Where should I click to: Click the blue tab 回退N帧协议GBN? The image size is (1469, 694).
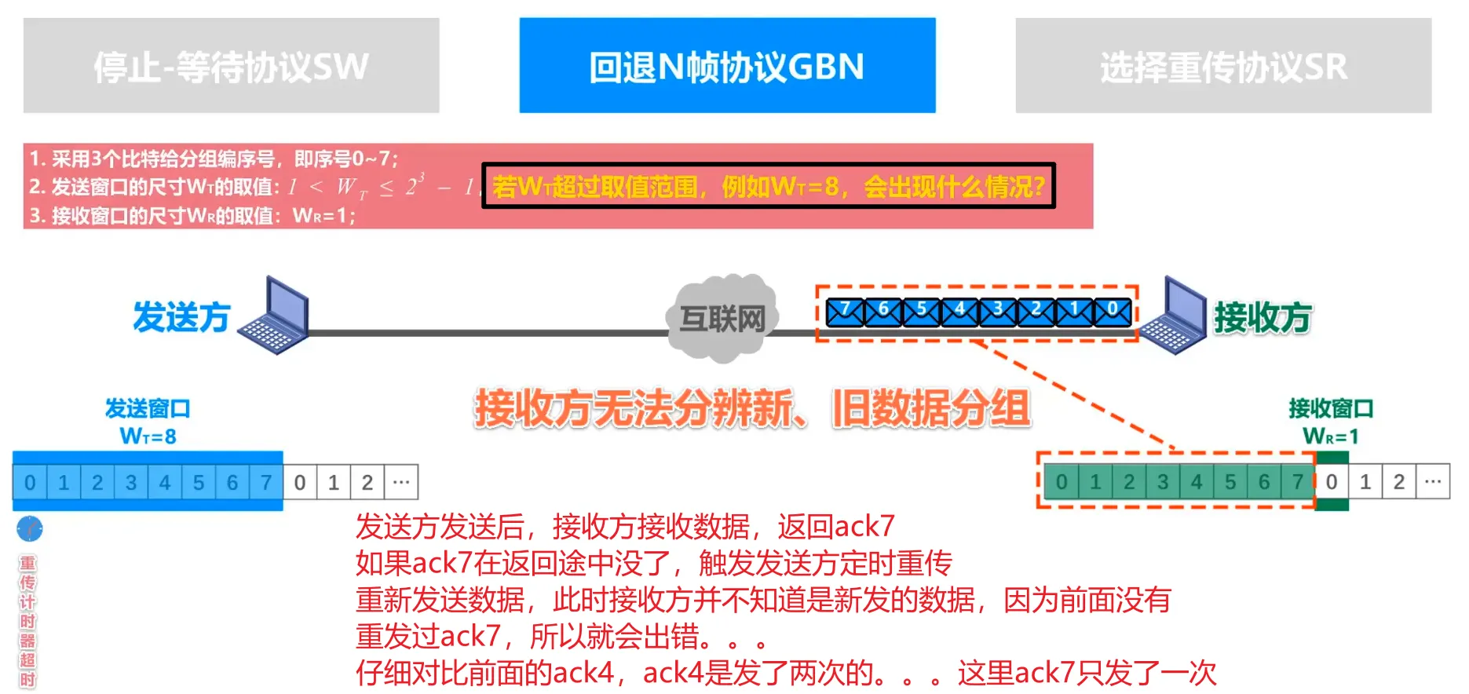[726, 66]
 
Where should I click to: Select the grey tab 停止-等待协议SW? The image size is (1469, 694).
[231, 66]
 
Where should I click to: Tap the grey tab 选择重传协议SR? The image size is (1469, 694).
[1222, 66]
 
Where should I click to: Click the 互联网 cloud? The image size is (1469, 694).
[722, 318]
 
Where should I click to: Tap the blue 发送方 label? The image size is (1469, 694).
[181, 317]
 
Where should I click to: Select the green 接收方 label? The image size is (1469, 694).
[1263, 317]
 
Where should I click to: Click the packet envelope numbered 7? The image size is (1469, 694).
[845, 312]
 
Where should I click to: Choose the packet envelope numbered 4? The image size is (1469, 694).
[959, 312]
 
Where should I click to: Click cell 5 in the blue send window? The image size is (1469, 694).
[199, 482]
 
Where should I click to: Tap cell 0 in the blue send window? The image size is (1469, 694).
[30, 482]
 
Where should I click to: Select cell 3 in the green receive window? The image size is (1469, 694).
[1163, 481]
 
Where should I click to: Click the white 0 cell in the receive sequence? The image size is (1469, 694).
[1332, 481]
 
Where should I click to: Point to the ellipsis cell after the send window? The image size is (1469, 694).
[401, 482]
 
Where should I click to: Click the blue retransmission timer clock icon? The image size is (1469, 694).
[30, 529]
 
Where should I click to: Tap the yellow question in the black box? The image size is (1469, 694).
[768, 187]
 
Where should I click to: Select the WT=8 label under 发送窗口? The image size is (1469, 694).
[148, 436]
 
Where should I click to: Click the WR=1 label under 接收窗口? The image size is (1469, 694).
[1330, 436]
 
